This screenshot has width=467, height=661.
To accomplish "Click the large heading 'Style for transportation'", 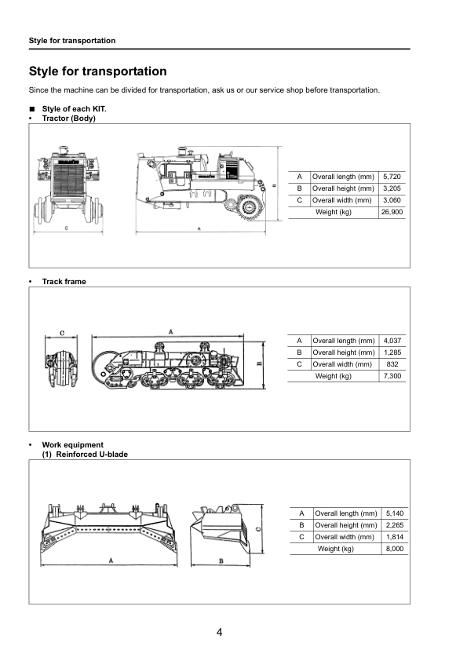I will pyautogui.click(x=97, y=71).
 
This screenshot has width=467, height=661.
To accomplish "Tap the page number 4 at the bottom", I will pyautogui.click(x=220, y=633).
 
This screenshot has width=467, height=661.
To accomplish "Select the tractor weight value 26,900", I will pyautogui.click(x=391, y=212).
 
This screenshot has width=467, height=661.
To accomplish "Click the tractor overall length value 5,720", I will pyautogui.click(x=391, y=177).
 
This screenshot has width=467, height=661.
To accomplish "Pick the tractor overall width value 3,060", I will pyautogui.click(x=391, y=200).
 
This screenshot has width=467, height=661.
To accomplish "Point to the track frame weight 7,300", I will pyautogui.click(x=391, y=376).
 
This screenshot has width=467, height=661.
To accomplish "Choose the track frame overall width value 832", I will pyautogui.click(x=391, y=364).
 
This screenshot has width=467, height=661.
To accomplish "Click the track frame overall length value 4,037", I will pyautogui.click(x=391, y=341).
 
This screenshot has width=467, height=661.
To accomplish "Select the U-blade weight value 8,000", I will pyautogui.click(x=394, y=549).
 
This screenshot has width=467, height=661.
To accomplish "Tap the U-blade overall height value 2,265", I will pyautogui.click(x=394, y=525).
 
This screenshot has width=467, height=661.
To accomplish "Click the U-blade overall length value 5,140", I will pyautogui.click(x=394, y=513).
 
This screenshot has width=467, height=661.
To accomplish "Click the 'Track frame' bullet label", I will pyautogui.click(x=64, y=281).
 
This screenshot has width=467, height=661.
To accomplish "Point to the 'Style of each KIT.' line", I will pyautogui.click(x=74, y=108).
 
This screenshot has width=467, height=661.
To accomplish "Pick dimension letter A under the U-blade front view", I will pyautogui.click(x=111, y=561).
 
